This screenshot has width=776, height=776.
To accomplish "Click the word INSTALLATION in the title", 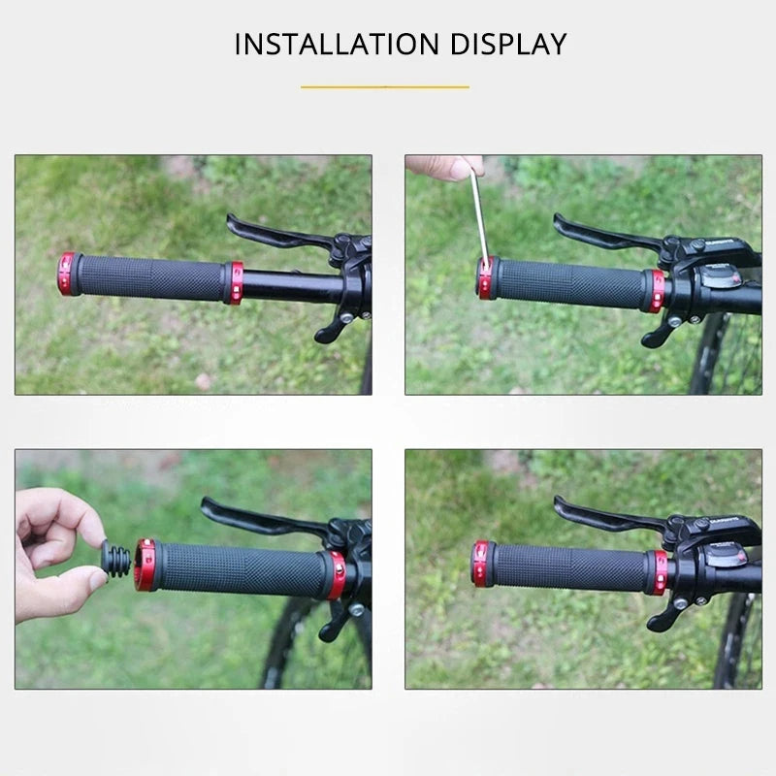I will coord(323,44).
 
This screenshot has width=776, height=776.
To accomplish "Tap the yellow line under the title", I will coord(385,87).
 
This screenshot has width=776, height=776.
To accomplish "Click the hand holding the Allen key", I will coord(441,167).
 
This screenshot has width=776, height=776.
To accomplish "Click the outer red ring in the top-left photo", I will coord(67,274).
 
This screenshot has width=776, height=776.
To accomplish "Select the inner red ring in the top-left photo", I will coord(234,282).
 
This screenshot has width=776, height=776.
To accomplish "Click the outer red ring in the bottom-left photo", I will coord(145,566).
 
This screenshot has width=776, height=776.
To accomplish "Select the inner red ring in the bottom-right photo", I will coord(659,572).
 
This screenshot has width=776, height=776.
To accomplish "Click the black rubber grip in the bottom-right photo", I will coord(567,568).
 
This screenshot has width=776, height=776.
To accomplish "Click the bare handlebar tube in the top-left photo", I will coord(291,285).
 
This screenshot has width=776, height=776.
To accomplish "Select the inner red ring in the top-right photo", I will coord(657,290).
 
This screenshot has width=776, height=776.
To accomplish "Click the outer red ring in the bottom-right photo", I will coord(481,565).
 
